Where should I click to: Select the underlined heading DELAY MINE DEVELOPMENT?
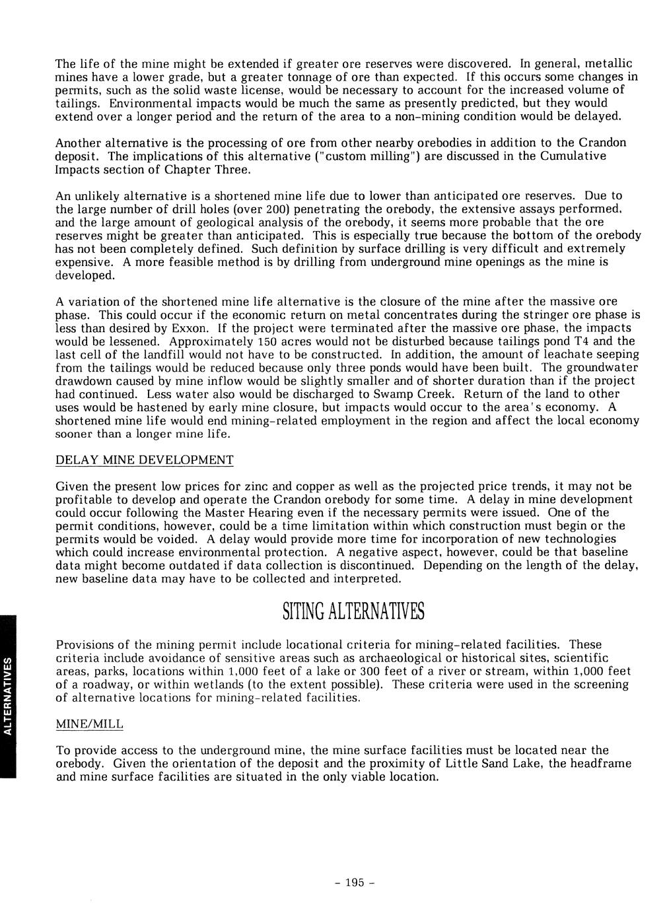(x=144, y=459)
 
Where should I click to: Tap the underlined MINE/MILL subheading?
(x=90, y=724)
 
